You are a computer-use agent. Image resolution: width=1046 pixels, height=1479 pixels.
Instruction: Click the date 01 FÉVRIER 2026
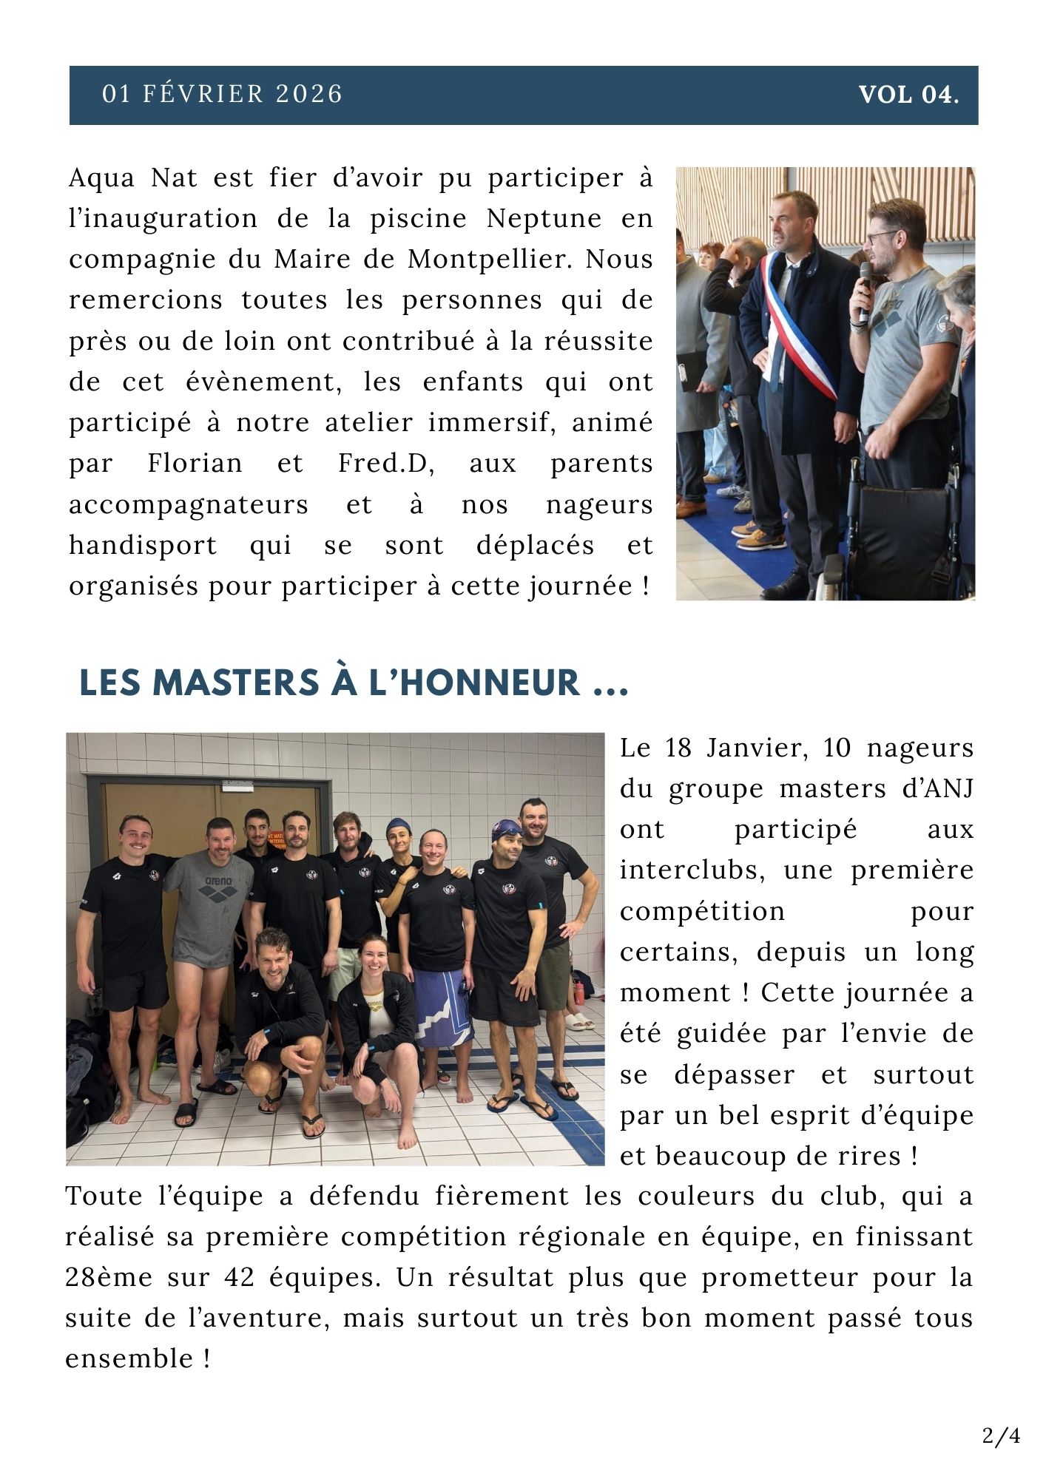coord(222,95)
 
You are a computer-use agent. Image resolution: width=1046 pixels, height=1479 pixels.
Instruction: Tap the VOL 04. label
coord(908,95)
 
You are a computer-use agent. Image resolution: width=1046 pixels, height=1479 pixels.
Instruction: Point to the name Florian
coord(195,464)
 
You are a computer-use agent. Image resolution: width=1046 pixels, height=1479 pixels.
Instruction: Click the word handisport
coord(143,545)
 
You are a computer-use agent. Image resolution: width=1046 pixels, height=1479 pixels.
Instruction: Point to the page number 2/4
coord(1001,1436)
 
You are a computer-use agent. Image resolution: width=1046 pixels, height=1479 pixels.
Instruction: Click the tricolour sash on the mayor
coord(799,333)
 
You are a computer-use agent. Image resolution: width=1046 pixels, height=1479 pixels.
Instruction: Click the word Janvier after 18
coord(748,748)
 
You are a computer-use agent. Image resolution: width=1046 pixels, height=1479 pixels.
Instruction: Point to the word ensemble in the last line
coord(129,1358)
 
